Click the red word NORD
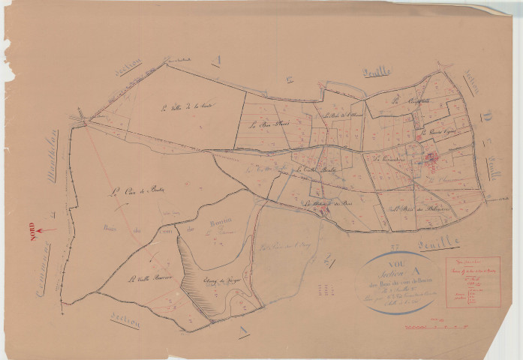coord(32,229)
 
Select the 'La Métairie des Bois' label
coord(328,203)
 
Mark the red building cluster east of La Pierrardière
coord(432,158)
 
